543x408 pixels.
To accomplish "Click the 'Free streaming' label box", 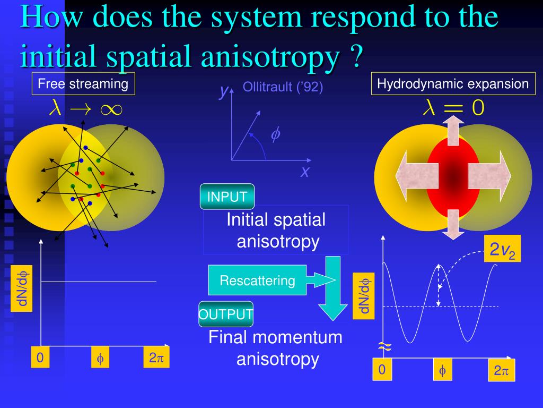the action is (83, 84).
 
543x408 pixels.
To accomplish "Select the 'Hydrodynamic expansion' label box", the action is (453, 84).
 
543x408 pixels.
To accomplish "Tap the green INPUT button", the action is (227, 197).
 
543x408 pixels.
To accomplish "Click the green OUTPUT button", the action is (226, 314).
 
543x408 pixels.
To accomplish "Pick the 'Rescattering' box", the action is (258, 280).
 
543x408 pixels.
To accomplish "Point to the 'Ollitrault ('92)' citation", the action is (283, 87).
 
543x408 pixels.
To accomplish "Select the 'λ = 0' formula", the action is (453, 108).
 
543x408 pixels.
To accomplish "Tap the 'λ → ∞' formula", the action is (85, 109).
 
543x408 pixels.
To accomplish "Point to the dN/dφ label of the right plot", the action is (364, 296).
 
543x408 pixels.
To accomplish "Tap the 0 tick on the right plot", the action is (381, 370).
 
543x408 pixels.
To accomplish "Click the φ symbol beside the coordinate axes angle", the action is (275, 135).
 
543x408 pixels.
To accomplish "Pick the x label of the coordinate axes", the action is (305, 172).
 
